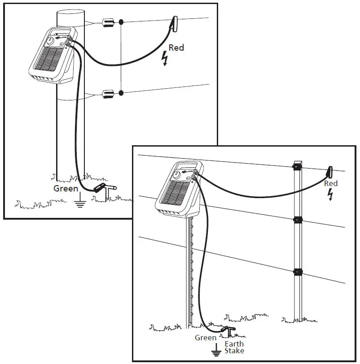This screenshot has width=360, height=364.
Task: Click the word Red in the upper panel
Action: pyautogui.click(x=176, y=48)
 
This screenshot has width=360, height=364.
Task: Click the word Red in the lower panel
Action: pyautogui.click(x=331, y=183)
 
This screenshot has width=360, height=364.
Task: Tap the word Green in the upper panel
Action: pyautogui.click(x=66, y=188)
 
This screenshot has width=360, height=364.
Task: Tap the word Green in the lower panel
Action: pyautogui.click(x=206, y=338)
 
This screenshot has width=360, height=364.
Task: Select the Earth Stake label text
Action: pyautogui.click(x=234, y=347)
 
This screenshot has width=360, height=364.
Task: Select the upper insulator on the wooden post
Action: pyautogui.click(x=108, y=22)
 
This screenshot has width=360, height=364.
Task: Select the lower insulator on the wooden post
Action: pyautogui.click(x=108, y=94)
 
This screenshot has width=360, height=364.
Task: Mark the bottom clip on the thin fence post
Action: pyautogui.click(x=296, y=272)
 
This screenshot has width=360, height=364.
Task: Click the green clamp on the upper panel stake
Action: pyautogui.click(x=100, y=188)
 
